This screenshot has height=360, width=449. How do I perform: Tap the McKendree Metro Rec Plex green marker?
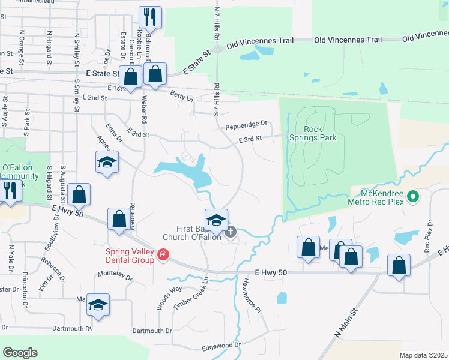point(412,196)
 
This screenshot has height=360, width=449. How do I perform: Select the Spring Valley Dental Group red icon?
point(162,256)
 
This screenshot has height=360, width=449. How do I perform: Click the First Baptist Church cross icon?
point(231,232)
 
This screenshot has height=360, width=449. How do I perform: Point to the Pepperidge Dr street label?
point(246,127)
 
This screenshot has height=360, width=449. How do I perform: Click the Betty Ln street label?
point(182,96)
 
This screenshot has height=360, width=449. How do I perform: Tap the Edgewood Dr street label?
point(221,345)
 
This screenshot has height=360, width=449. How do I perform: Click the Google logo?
point(20,353)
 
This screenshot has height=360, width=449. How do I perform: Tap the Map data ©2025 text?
point(423,355)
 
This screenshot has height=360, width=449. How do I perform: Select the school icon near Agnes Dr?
point(107,163)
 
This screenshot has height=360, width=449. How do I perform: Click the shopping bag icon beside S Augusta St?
point(79,194)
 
